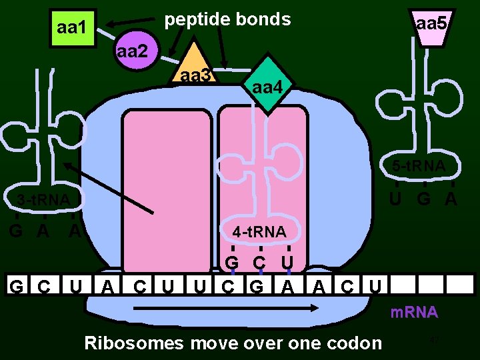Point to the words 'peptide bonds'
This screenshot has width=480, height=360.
click(x=227, y=19)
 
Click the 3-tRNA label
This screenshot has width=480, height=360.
click(x=43, y=199)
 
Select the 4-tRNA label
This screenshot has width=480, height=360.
click(x=259, y=232)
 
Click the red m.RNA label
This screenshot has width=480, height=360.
click(x=413, y=312)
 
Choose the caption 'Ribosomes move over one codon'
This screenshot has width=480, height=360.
click(x=233, y=343)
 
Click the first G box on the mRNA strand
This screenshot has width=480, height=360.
click(x=16, y=287)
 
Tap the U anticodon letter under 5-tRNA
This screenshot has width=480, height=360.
click(x=396, y=199)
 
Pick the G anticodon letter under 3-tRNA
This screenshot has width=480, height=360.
click(x=15, y=231)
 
